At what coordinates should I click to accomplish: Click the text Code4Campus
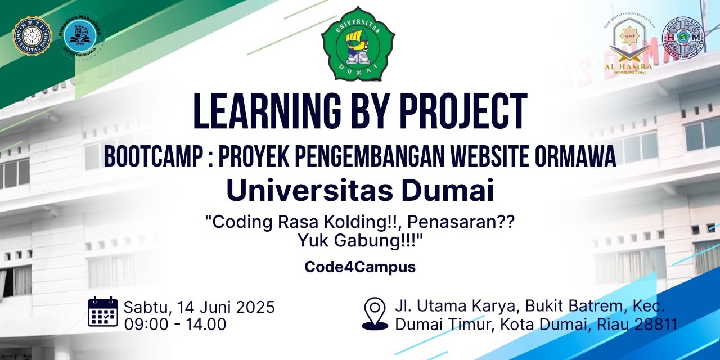coord(360,267)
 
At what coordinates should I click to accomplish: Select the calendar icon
coord(103,312)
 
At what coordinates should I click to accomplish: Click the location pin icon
coord(375,314)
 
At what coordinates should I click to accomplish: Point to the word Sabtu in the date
coord(147,307)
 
